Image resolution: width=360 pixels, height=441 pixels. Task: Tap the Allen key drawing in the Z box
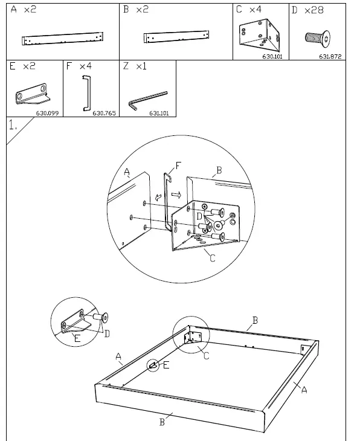tap(147, 100)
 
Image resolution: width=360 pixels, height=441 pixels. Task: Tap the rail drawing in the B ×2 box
tap(176, 37)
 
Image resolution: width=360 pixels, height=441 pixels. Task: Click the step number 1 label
tap(13, 125)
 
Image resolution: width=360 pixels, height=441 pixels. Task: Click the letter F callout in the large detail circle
tap(178, 165)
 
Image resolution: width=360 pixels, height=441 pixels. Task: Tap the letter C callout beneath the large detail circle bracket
tap(212, 259)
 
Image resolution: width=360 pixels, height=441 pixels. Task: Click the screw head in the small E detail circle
tap(105, 316)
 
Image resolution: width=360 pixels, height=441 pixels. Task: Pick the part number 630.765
tap(104, 112)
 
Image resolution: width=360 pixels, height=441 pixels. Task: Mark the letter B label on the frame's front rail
tap(162, 422)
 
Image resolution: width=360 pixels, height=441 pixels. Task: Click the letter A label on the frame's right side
tap(304, 390)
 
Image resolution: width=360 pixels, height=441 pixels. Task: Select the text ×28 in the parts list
tap(315, 10)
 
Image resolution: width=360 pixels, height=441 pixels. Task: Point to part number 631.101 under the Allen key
tap(158, 112)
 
